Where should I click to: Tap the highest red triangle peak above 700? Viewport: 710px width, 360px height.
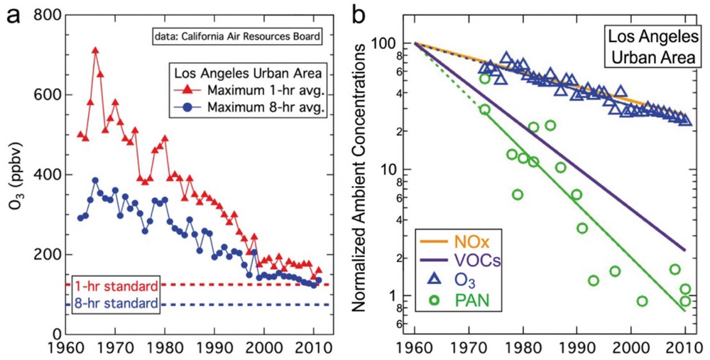point(95,50)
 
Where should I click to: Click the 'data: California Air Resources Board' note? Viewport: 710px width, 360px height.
point(235,34)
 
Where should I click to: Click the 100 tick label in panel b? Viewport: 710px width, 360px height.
point(395,44)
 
